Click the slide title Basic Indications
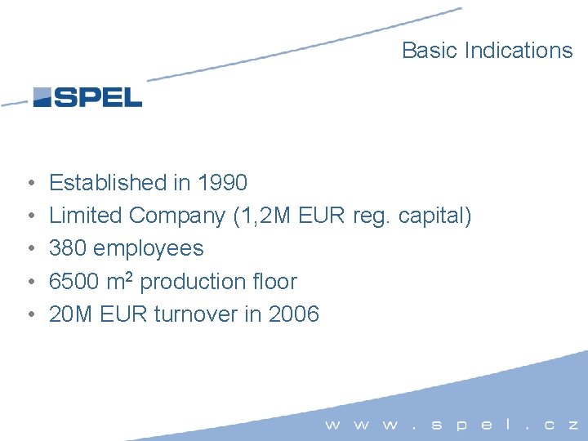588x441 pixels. pos(487,51)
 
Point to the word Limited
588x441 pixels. pos(87,216)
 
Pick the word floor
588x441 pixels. pos(275,282)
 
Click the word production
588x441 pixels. pos(193,282)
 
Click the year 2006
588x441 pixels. pos(292,314)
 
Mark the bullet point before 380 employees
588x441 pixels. pos(29,249)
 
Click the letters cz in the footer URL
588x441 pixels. pos(561,425)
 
